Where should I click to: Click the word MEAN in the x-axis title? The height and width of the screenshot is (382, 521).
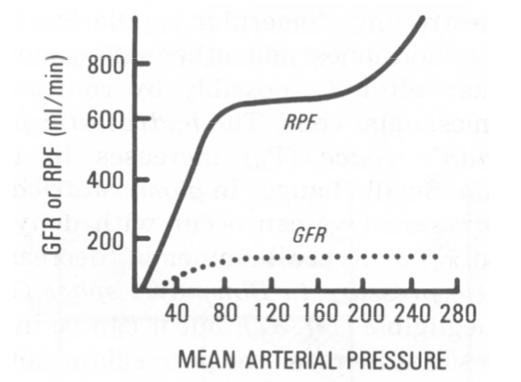point(205,361)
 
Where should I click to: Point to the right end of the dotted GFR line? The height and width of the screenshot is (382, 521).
point(437,256)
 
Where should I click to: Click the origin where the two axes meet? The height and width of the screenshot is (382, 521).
point(136,291)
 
